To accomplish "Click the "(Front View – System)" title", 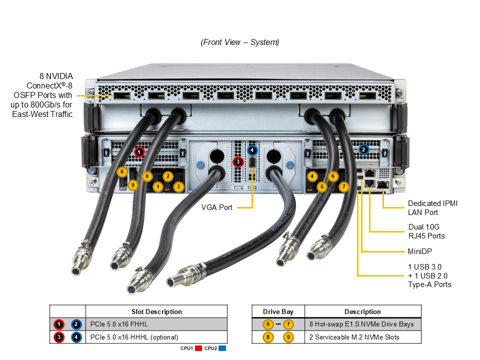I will (240, 42).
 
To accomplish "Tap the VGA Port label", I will (217, 207).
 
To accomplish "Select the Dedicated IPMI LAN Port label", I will (432, 208).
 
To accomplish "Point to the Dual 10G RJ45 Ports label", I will (426, 231).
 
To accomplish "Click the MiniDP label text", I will (420, 251).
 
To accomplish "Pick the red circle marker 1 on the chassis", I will (139, 151).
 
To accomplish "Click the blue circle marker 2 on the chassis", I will (363, 149).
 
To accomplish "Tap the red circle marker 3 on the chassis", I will (238, 161).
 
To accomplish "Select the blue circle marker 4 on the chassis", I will (252, 149).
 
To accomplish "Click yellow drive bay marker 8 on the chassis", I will (122, 172).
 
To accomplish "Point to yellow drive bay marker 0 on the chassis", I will (147, 176).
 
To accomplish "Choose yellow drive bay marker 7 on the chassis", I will (343, 187).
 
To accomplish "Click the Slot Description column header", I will (156, 311).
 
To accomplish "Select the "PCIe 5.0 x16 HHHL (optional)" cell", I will (134, 337).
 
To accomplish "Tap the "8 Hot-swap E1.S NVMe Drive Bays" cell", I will (361, 324).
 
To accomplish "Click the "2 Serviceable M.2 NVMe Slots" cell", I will (354, 337).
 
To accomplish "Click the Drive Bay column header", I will (278, 311).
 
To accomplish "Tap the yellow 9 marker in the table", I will (288, 337).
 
